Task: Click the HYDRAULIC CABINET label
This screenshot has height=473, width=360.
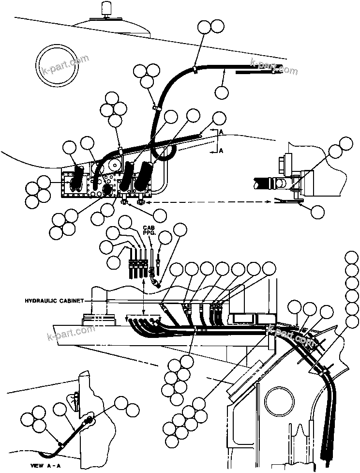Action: point(54,301)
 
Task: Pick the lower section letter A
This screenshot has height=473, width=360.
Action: point(221,151)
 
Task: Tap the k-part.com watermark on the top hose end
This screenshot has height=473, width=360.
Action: point(274,67)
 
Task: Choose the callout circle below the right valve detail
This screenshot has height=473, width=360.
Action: point(316,212)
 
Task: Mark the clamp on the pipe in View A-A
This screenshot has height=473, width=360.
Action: point(60,443)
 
